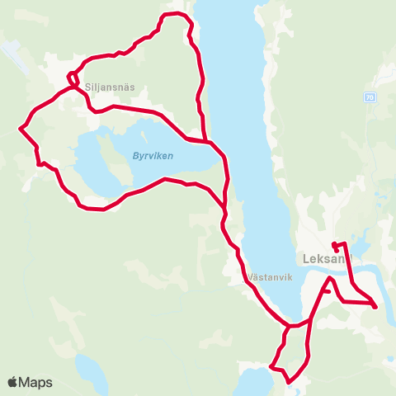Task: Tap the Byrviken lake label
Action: coord(153,155)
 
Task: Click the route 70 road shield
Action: coord(368,97)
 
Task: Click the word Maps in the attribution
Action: coord(35,383)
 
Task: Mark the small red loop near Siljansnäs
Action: coord(73,79)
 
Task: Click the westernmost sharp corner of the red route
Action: coord(20,129)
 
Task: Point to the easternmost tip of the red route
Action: coord(376,308)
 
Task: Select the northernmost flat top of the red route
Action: coord(173,14)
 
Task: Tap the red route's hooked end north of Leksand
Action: coord(335,246)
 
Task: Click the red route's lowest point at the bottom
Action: coord(288,382)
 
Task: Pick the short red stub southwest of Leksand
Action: coord(327,291)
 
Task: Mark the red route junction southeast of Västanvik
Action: coord(290,325)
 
